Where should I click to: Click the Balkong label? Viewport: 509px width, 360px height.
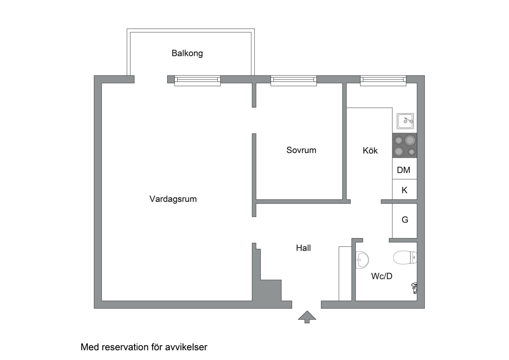click(x=187, y=53)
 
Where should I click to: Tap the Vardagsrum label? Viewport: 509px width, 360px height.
click(x=173, y=199)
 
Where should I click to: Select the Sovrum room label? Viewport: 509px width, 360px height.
click(x=301, y=150)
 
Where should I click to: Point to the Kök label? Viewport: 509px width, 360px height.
click(x=370, y=151)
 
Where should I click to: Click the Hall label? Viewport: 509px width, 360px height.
click(x=303, y=248)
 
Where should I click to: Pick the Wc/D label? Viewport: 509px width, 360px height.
click(x=381, y=276)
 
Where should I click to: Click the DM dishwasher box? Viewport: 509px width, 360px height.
click(x=404, y=170)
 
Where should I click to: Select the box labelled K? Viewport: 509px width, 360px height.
click(x=404, y=190)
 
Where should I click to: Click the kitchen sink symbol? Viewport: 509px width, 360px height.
click(x=405, y=121)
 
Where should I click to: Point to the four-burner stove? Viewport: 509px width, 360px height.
click(x=405, y=145)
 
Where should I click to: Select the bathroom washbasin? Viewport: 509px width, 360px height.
click(x=362, y=259)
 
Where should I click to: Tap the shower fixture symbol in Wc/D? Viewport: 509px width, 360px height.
click(x=414, y=287)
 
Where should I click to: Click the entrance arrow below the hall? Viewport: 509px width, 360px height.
click(x=307, y=316)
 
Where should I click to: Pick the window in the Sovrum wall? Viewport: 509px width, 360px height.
click(x=293, y=80)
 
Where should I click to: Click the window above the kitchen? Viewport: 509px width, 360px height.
click(x=383, y=80)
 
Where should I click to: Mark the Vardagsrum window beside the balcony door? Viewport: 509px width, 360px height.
click(x=198, y=80)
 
